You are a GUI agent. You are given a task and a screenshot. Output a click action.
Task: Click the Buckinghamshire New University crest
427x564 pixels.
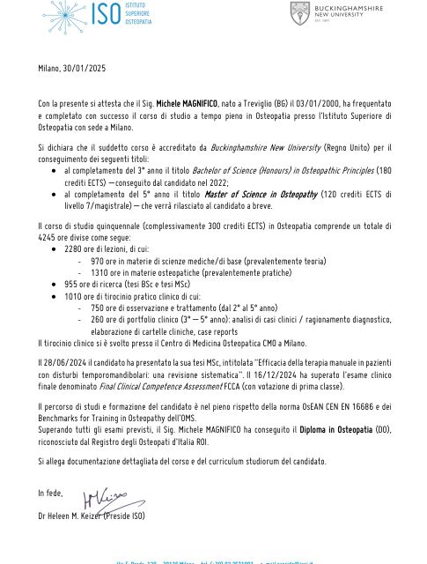click(300, 13)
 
